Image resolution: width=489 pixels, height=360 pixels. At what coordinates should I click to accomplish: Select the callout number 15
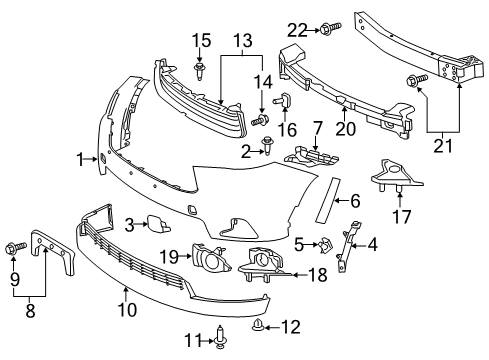(202, 42)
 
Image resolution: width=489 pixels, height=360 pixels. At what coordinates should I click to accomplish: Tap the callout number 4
(372, 243)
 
